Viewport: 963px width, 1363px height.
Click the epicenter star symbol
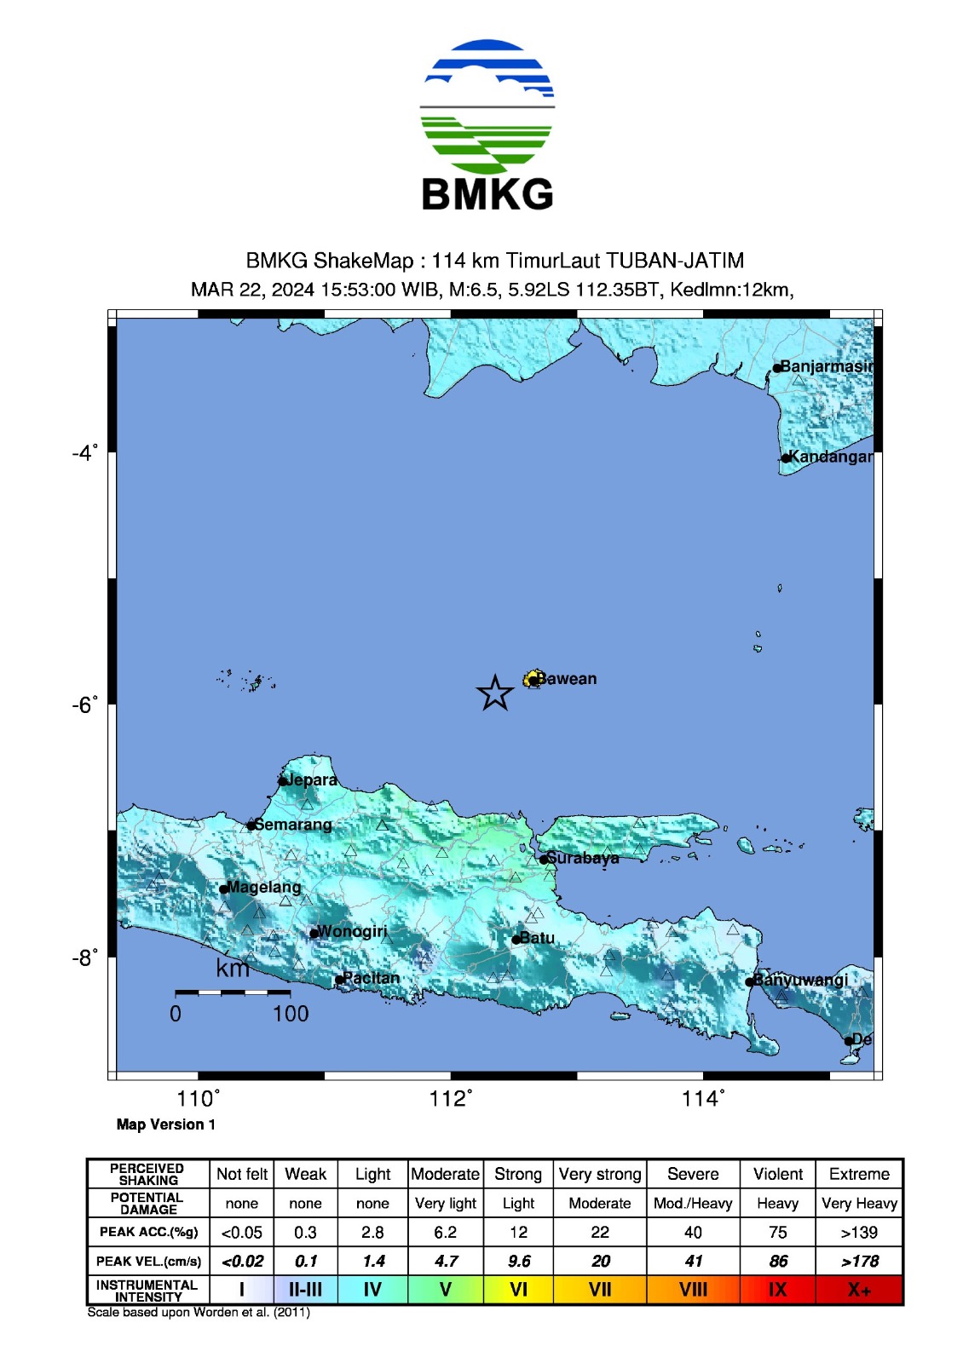pos(494,693)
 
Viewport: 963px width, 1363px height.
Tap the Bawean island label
pos(568,679)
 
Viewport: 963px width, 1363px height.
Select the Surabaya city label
pos(583,858)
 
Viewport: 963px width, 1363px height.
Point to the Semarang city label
pos(293,825)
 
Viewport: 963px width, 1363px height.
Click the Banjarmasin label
pos(826,366)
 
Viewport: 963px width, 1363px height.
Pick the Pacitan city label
pos(371,978)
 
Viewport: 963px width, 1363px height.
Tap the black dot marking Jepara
pos(283,781)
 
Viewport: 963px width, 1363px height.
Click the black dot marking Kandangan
pos(786,458)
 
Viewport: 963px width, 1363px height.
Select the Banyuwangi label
pos(802,980)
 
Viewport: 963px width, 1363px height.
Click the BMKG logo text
pos(487,194)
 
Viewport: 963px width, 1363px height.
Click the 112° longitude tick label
pos(451,1099)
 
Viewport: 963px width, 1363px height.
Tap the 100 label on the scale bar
pos(291,1014)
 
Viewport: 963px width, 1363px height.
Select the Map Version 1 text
pos(166,1124)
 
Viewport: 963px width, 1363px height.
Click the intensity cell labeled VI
pos(518,1290)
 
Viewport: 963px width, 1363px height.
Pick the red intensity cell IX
pos(777,1290)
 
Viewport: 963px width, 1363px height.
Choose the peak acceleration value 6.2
pos(445,1232)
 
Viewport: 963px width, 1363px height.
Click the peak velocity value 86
pos(777,1261)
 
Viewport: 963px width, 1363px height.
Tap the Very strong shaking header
pos(600,1174)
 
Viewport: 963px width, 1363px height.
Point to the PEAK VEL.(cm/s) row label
pos(148,1261)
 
